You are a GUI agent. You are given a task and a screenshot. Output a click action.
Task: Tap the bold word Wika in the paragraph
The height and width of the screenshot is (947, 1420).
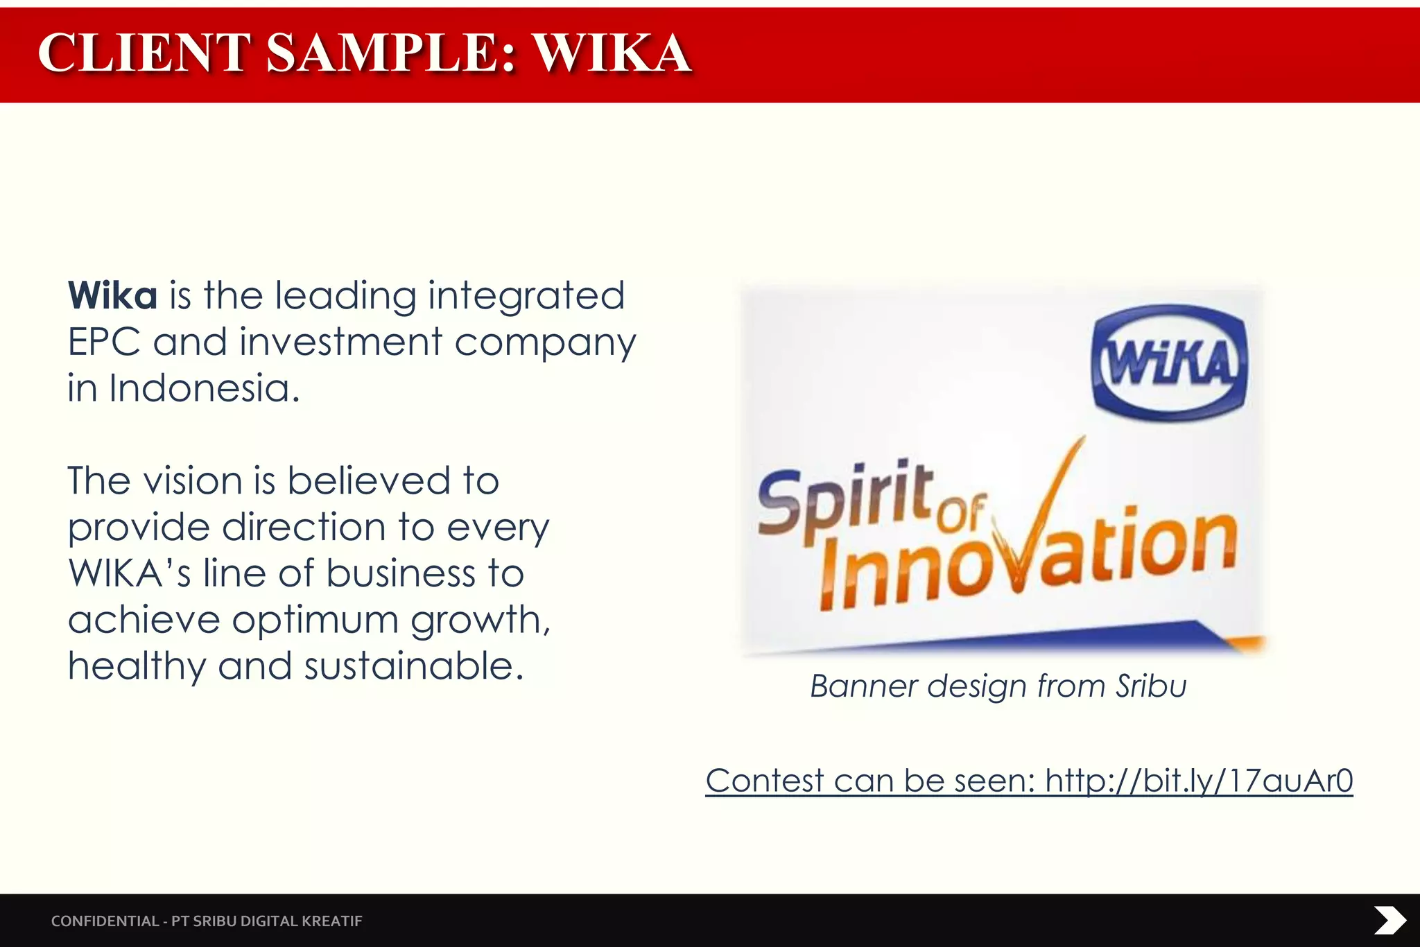(113, 296)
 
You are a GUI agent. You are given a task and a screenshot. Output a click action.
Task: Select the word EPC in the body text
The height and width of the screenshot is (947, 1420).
(104, 342)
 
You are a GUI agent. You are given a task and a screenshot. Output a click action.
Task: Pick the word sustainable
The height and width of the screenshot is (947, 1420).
(413, 666)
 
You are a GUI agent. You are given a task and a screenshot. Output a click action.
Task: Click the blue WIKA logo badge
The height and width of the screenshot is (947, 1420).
(1170, 363)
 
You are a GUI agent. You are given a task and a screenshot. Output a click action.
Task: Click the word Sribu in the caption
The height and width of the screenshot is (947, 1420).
(1151, 686)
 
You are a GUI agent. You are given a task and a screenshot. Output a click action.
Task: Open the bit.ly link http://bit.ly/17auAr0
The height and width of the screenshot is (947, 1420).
(1199, 781)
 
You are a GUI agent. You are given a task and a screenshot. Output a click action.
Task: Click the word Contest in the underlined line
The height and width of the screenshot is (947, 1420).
(764, 781)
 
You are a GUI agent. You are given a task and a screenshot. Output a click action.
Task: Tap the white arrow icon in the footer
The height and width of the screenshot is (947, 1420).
(1389, 921)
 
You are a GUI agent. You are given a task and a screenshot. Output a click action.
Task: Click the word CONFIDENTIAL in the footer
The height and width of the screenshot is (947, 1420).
(105, 921)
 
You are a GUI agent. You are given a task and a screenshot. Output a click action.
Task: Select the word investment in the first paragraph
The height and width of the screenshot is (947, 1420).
(340, 342)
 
